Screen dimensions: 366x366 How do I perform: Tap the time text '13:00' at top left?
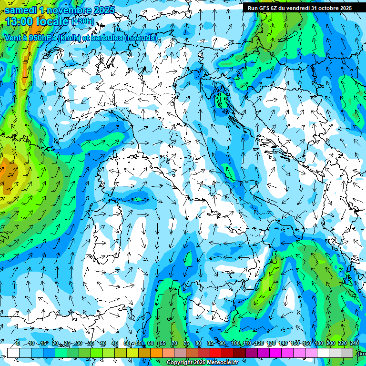coord(19,21)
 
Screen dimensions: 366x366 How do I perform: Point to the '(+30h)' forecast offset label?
coord(82,21)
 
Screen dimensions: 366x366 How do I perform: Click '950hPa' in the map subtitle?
coord(42,38)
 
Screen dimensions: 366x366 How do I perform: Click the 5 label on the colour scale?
coord(18,344)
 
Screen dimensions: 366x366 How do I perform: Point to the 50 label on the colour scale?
coord(126,344)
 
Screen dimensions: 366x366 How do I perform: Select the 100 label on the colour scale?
coord(235,344)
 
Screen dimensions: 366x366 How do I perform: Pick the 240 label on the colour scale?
coord(355,344)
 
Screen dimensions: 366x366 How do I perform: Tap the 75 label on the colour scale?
coord(186,344)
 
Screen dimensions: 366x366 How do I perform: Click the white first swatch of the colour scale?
coord(13,353)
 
